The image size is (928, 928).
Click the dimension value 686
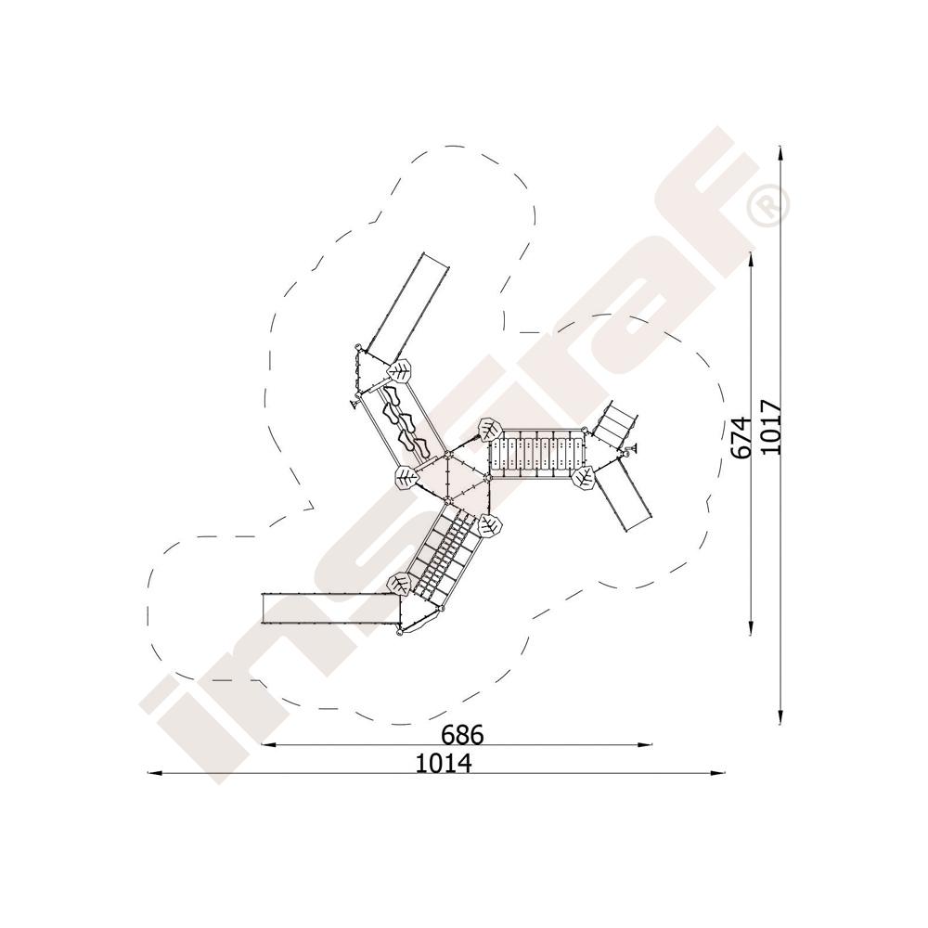coord(462,734)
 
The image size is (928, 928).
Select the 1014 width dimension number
coord(444,763)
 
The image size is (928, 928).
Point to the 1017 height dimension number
coord(770,427)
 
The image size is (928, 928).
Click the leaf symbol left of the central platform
coord(406,477)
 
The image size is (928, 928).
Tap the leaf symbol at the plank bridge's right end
coord(584,477)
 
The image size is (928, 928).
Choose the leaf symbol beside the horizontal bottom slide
coord(398,584)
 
